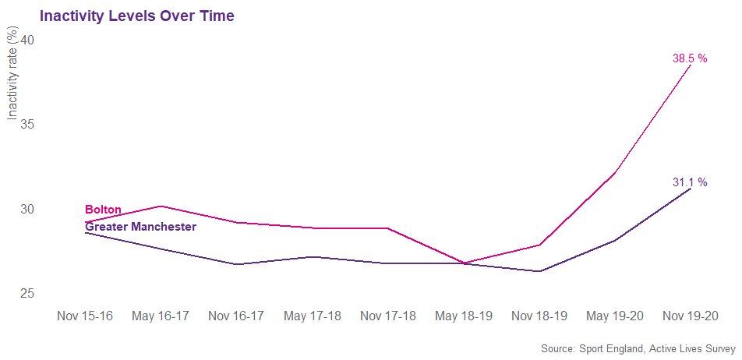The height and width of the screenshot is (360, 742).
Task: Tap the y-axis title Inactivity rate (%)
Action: pyautogui.click(x=12, y=74)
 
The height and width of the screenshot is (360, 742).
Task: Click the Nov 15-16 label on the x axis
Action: pyautogui.click(x=86, y=316)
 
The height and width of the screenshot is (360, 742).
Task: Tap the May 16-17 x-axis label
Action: pyautogui.click(x=161, y=316)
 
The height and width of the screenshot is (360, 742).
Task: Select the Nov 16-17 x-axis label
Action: pyautogui.click(x=237, y=316)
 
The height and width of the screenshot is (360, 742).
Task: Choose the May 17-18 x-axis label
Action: pyautogui.click(x=313, y=316)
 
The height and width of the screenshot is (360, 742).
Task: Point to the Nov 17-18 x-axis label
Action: pyautogui.click(x=388, y=316)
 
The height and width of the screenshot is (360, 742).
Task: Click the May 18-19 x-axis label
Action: pyautogui.click(x=464, y=316)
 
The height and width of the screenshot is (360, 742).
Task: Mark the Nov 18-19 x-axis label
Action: pyautogui.click(x=539, y=316)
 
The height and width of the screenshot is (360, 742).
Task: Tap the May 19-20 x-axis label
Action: pyautogui.click(x=615, y=316)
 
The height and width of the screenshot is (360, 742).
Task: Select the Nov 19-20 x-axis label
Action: pyautogui.click(x=691, y=316)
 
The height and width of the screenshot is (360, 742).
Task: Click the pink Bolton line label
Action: pyautogui.click(x=103, y=210)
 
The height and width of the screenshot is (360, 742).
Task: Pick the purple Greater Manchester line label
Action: pyautogui.click(x=140, y=227)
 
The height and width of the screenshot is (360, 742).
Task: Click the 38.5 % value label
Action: pyautogui.click(x=690, y=58)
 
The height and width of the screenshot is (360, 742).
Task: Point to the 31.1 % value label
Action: pyautogui.click(x=690, y=182)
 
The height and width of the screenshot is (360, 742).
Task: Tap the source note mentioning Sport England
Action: pyautogui.click(x=638, y=348)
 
